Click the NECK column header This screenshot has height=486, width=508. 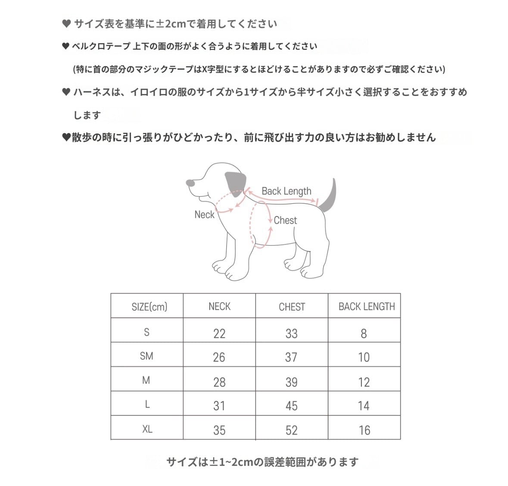(219, 306)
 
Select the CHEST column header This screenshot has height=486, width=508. (292, 307)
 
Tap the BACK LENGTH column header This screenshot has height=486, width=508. (366, 306)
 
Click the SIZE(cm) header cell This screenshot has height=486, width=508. (149, 307)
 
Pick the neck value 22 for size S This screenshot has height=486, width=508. (219, 333)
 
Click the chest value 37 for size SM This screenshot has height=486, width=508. (291, 357)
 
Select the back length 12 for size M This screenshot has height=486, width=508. (364, 382)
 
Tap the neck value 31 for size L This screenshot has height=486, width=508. (219, 406)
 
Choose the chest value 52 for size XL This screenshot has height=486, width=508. (292, 430)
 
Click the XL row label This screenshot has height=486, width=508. (147, 429)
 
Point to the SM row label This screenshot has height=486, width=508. (146, 356)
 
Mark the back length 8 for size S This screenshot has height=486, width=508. (364, 333)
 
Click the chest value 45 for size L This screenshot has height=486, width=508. (292, 406)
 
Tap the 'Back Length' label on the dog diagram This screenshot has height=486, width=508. (286, 191)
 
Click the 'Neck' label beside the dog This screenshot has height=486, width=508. (204, 215)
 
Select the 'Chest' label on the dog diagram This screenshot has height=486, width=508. (285, 220)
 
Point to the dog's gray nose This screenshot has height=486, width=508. (190, 183)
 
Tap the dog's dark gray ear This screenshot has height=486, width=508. (235, 183)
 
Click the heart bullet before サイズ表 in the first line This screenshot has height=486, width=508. (66, 24)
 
